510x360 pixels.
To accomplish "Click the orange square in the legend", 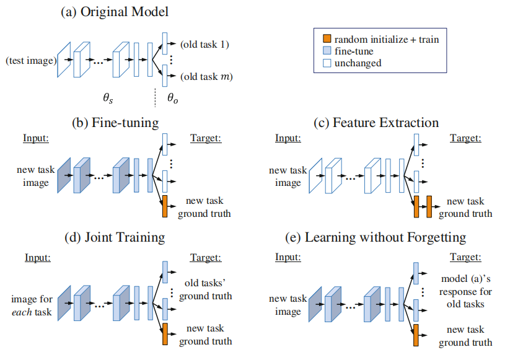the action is [327, 38].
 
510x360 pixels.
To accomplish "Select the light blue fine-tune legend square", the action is [327, 51].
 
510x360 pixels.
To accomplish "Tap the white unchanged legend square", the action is [327, 63].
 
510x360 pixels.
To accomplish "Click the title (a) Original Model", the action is [115, 12].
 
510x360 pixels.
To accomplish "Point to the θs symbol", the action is [108, 98].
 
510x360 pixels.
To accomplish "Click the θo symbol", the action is [172, 98].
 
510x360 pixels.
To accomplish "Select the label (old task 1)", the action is [204, 44].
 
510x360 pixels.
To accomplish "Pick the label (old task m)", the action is [206, 77].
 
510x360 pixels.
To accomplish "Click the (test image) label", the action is [31, 61].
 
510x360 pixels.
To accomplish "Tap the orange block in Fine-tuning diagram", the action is [165, 206].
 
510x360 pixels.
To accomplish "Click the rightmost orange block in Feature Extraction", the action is [429, 206].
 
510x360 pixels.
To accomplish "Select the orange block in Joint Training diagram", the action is [165, 334].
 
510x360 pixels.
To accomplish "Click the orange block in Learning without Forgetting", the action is [416, 335].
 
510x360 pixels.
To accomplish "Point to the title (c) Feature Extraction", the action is [376, 123].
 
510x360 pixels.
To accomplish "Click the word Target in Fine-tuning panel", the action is [206, 138].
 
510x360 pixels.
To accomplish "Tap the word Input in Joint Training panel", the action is [38, 258].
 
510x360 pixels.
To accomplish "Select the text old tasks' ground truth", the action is [206, 289].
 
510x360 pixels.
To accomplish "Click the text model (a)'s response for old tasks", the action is [465, 291].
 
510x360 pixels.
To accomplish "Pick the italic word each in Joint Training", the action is [22, 312].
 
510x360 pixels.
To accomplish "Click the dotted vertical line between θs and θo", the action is [155, 97].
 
